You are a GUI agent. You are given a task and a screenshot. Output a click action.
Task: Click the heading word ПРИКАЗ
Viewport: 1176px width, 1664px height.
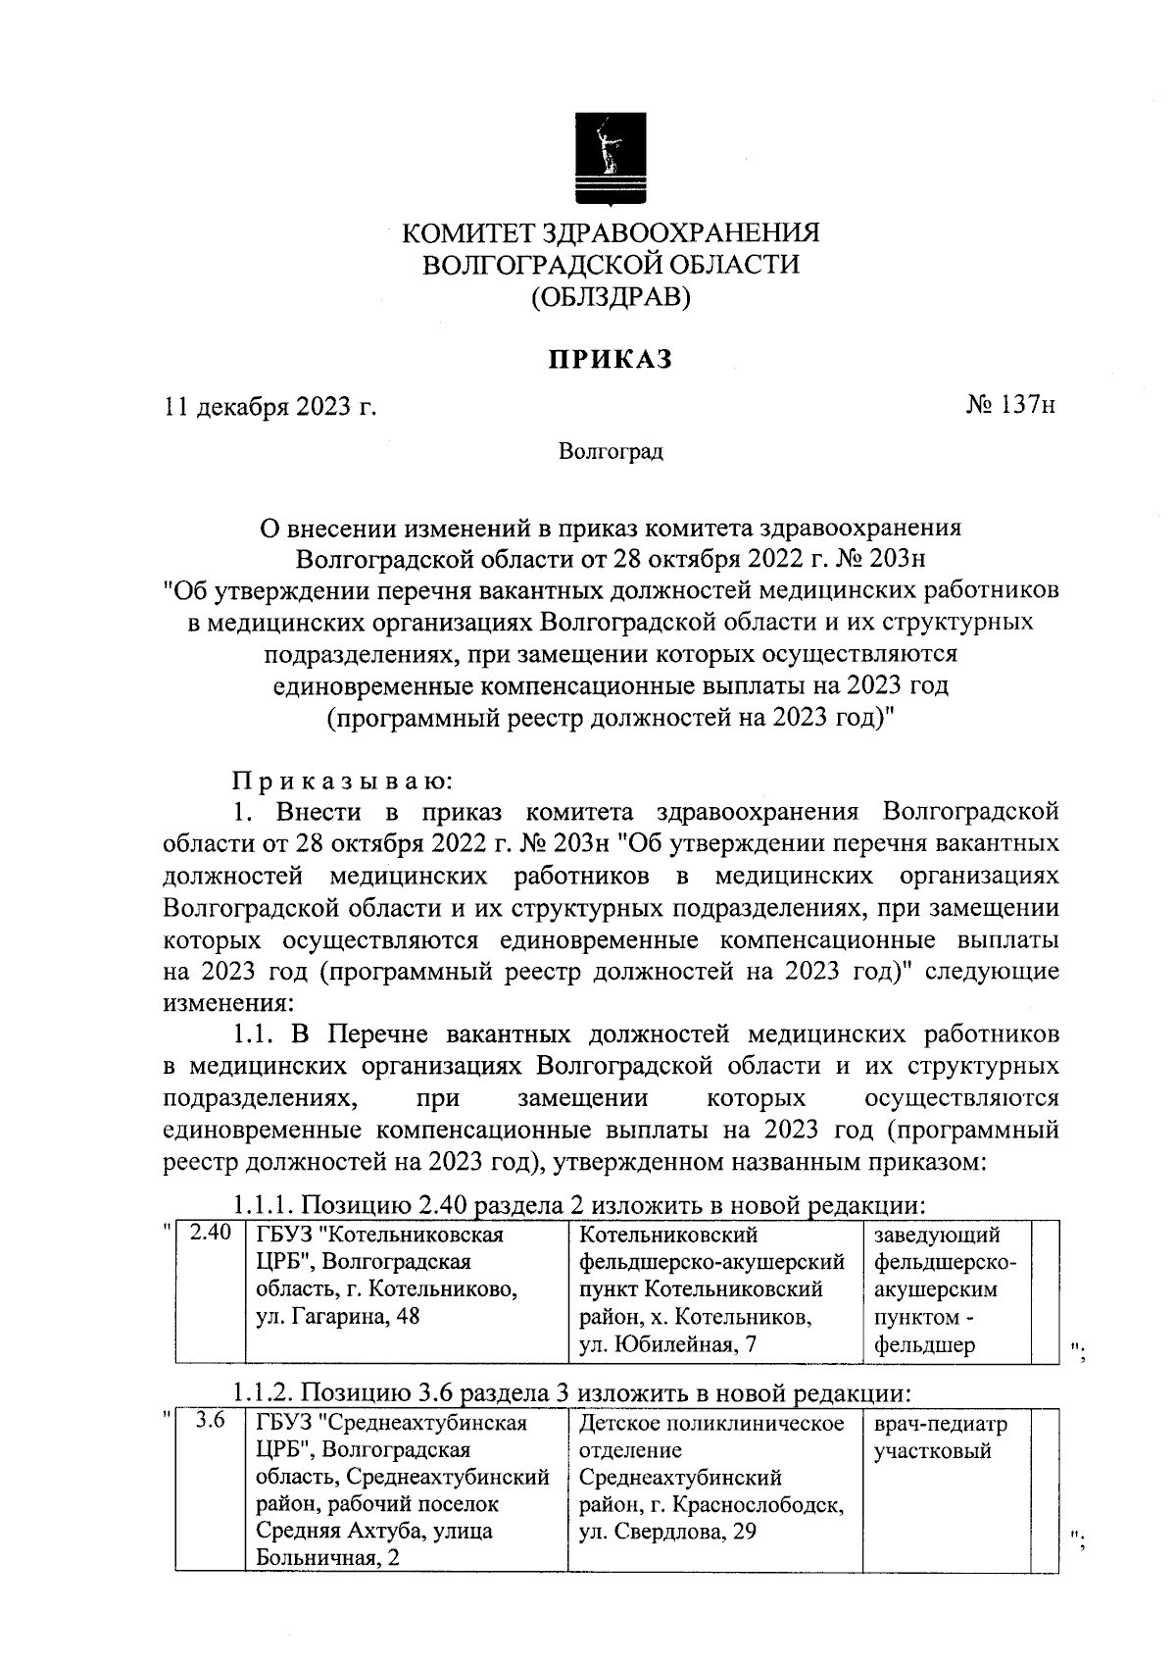coord(610,360)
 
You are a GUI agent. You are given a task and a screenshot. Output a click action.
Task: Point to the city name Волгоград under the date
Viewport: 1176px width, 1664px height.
coord(610,452)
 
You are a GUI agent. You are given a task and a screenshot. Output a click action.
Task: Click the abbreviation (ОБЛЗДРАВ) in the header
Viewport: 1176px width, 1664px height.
coord(611,296)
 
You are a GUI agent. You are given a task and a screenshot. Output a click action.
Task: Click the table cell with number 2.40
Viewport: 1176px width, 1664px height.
coord(209,1234)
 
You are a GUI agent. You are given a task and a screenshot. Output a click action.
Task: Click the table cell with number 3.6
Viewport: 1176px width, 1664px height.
coord(209,1421)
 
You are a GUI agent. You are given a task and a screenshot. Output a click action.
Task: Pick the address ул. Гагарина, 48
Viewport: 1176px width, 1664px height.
coord(337,1317)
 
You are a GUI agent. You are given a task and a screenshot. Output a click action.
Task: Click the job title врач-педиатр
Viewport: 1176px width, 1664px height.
coord(940,1424)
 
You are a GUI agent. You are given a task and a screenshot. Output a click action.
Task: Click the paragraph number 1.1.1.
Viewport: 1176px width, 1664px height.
coord(263,1204)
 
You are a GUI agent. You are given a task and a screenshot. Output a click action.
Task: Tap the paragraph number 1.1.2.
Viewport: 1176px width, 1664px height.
coord(263,1392)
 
